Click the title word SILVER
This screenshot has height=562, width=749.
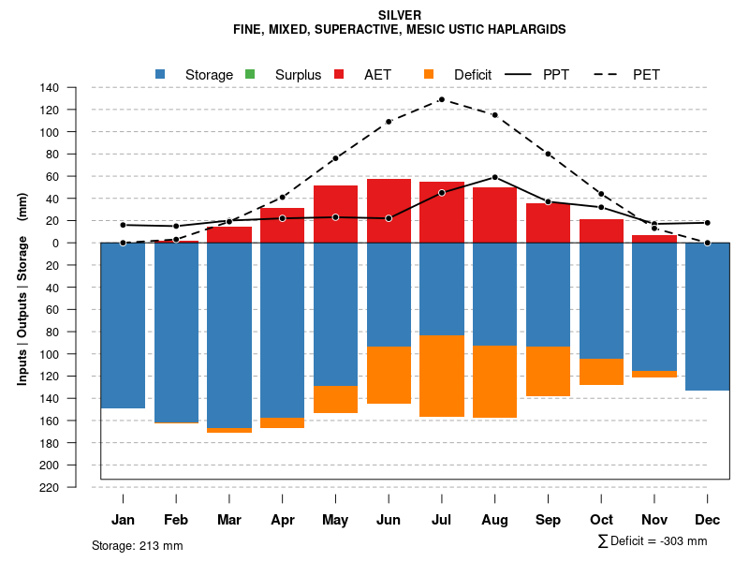tap(400, 15)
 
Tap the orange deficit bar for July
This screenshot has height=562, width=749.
tap(442, 376)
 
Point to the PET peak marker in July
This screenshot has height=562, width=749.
tap(441, 99)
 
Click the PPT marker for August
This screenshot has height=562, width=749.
tap(494, 177)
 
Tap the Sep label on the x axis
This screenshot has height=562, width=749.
tap(548, 520)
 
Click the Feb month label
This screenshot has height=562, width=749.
tap(176, 520)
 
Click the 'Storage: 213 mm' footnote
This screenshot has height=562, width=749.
tap(138, 545)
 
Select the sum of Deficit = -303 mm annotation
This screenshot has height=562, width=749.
tap(652, 540)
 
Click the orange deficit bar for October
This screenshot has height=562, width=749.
tap(601, 372)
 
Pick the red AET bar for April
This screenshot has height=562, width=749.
tap(282, 225)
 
